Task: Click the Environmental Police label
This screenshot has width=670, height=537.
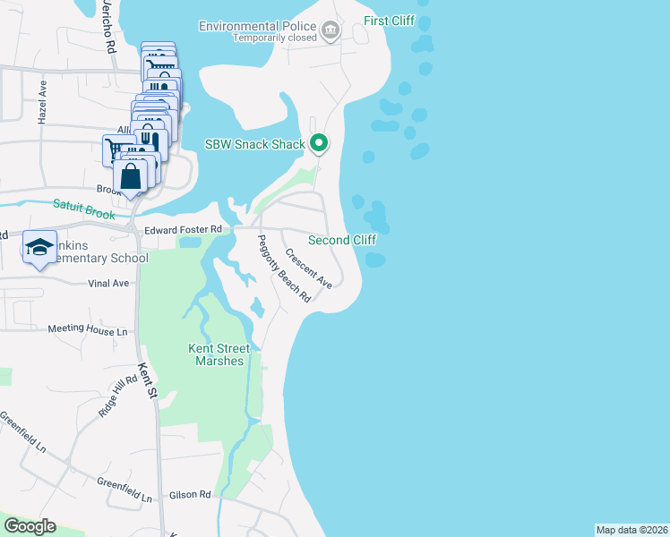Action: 261,26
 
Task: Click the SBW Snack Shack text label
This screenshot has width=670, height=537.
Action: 255,143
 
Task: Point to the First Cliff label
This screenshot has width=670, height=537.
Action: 390,21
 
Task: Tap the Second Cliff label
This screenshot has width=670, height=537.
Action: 341,240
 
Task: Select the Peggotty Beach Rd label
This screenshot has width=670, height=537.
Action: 283,268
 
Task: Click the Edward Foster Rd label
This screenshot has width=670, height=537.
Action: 180,230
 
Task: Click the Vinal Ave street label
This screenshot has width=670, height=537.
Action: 108,283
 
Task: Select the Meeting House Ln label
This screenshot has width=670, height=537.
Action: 82,330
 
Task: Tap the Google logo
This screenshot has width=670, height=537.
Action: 30,526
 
